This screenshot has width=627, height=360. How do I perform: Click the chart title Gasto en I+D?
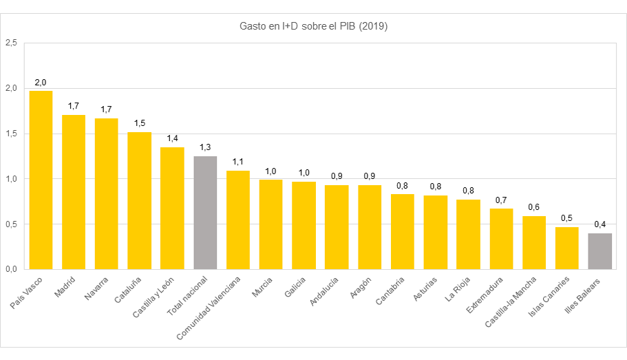pos(313,27)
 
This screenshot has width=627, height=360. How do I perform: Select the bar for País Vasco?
pos(41,180)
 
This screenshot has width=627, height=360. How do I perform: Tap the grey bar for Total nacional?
pos(205,213)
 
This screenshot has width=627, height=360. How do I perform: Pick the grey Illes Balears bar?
pos(599,251)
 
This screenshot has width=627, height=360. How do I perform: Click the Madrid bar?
pos(74,192)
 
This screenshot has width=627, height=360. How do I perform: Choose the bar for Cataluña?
pos(139,200)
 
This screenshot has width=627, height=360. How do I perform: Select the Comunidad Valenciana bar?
pos(238,220)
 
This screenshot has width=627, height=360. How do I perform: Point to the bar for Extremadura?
pos(501,239)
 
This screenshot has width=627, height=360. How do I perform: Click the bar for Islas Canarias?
pos(567,248)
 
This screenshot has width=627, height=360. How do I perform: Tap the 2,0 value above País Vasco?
pos(41,83)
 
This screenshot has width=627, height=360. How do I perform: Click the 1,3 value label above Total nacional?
pos(205,147)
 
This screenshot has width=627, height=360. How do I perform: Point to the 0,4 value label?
pos(599,224)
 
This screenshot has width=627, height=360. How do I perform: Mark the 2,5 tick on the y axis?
pos(11,43)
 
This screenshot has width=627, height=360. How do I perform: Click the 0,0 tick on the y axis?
pos(11,269)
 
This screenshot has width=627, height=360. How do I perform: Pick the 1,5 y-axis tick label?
pos(11,134)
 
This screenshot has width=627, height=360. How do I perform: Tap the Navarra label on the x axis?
pos(96,290)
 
